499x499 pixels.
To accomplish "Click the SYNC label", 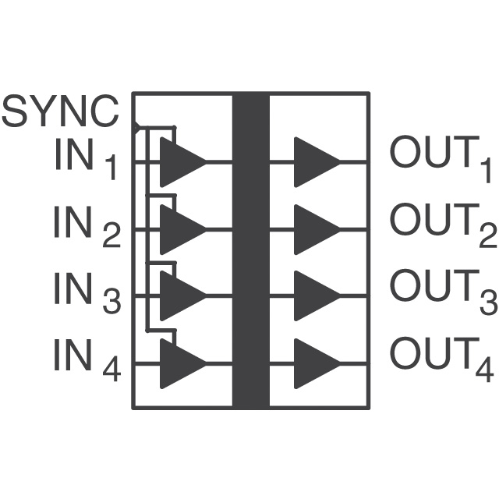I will coord(61,111).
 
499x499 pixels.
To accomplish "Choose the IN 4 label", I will coord(87,359).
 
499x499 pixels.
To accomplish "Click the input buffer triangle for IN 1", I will coord(179,162).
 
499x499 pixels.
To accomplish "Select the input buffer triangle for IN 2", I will coord(179,229).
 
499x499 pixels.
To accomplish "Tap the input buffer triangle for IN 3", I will coord(179,296).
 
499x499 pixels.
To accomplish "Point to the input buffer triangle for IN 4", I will coord(179,363).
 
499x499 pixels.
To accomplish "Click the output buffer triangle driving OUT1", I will coord(313,162).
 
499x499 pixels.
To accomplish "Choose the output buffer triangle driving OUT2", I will coord(313,229).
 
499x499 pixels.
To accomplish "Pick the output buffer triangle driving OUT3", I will coord(313,296).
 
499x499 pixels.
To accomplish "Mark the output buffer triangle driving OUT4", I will coord(313,363).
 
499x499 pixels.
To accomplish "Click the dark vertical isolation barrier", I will coord(250,249).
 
